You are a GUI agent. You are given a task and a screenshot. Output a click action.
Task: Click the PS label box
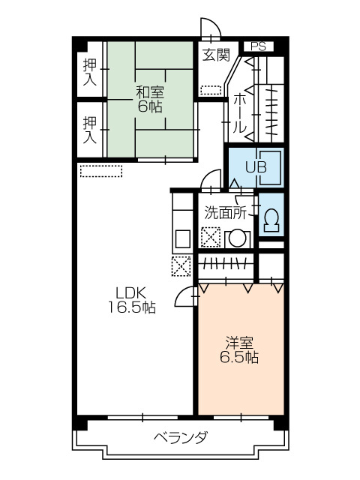click(x=258, y=46)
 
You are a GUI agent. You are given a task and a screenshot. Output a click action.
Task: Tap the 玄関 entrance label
click(x=216, y=55)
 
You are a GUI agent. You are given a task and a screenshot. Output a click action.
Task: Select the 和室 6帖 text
click(x=150, y=99)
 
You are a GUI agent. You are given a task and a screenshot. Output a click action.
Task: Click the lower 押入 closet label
click(x=90, y=130)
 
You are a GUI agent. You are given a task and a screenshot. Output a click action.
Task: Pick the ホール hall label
click(x=240, y=113)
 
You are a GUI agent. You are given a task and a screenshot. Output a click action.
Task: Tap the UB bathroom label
click(x=256, y=167)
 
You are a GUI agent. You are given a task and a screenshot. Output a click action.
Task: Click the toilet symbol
click(x=271, y=220)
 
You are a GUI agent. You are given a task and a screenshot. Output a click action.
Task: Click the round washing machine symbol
click(x=238, y=239)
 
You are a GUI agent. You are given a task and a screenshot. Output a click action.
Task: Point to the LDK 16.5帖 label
click(x=132, y=300)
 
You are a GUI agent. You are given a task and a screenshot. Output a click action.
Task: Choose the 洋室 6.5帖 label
click(x=239, y=350)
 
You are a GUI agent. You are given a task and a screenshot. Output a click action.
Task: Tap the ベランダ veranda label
click(x=181, y=436)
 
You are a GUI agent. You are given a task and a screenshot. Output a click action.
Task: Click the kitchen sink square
click(x=183, y=238)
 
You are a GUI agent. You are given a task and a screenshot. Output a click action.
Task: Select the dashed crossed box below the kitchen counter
click(x=181, y=266)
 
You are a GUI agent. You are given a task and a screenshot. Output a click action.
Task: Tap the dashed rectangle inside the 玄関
click(x=211, y=90)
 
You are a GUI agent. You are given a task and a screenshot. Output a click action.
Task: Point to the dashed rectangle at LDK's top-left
click(x=101, y=171)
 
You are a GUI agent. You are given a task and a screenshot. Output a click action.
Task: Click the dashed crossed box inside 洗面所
click(x=211, y=237)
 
